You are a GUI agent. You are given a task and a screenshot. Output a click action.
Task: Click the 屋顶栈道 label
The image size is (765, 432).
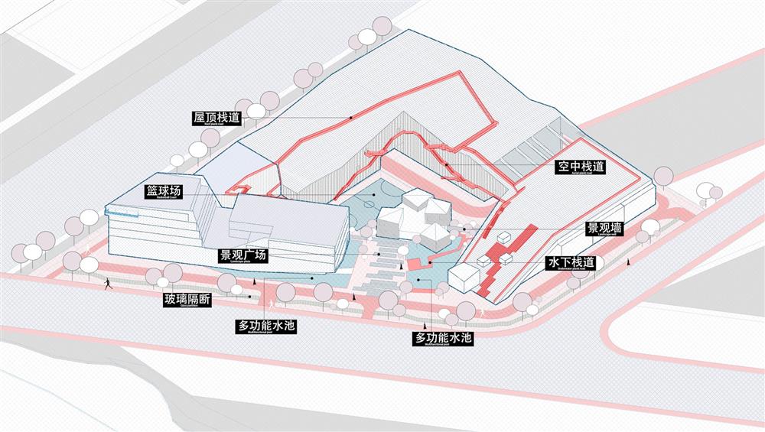coord(217,118)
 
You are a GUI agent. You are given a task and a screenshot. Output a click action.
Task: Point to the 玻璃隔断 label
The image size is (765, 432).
coord(187,300)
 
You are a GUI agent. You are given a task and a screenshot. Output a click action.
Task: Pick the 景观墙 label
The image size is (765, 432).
coord(604,228)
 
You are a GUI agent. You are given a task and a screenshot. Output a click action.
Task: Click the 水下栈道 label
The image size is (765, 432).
coord(570,262)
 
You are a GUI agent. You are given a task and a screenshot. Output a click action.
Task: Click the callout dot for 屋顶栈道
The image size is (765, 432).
coord(351,118)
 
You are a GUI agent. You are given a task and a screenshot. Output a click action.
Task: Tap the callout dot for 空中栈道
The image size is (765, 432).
coord(446,163)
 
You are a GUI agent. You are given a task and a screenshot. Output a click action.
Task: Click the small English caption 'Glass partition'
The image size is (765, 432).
coord(187,307)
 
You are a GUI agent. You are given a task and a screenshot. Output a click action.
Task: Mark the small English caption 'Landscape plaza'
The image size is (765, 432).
coord(243,261)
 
